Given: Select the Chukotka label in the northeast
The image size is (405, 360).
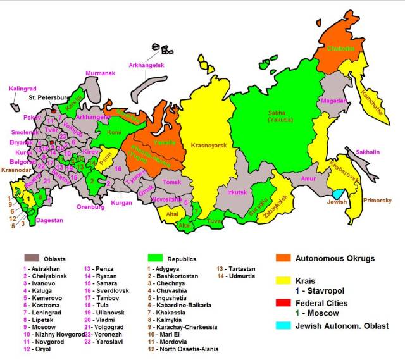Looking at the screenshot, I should point(341,49).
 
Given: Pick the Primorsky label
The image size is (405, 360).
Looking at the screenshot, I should point(378,201).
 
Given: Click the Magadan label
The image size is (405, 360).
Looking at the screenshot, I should point(333,101).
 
